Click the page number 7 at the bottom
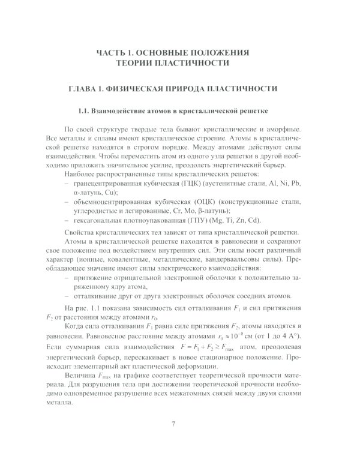(x=173, y=425)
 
